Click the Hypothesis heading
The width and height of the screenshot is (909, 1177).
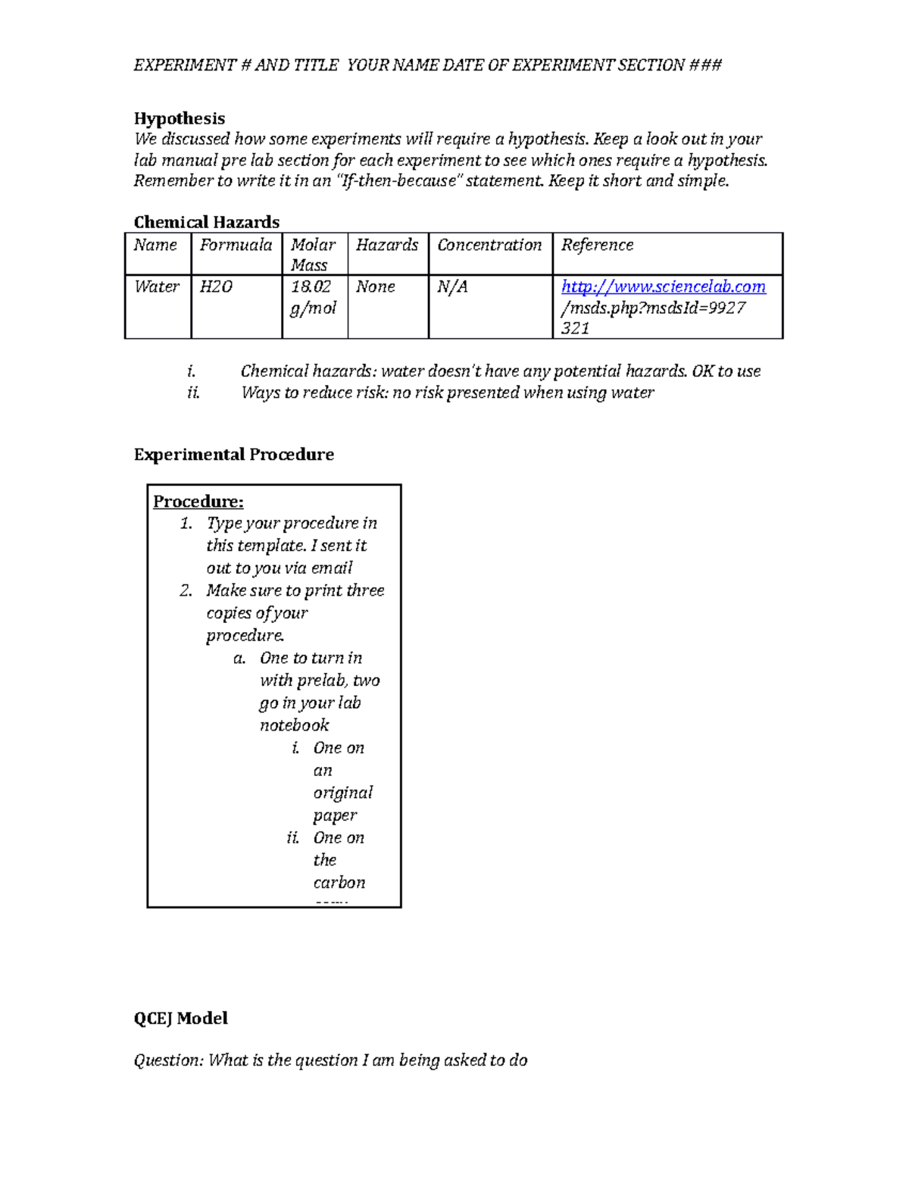click(x=180, y=118)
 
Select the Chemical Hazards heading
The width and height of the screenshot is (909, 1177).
click(x=206, y=222)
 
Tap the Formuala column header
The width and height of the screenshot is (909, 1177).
click(x=236, y=245)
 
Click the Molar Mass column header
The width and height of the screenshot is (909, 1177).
click(x=313, y=255)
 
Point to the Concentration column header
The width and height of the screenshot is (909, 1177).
click(x=489, y=245)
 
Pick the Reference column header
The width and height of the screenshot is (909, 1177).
click(x=597, y=245)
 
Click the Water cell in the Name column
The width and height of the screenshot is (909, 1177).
click(x=157, y=286)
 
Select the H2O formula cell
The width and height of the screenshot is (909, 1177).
click(x=216, y=286)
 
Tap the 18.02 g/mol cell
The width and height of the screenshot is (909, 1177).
click(x=313, y=297)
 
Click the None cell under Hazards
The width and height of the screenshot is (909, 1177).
click(x=376, y=286)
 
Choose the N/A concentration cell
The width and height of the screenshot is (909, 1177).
click(x=452, y=286)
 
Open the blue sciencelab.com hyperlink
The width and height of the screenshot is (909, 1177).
click(x=664, y=286)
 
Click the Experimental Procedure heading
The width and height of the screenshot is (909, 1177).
click(x=233, y=455)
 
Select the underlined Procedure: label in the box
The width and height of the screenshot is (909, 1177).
click(x=198, y=502)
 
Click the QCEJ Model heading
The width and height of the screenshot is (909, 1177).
click(x=180, y=1019)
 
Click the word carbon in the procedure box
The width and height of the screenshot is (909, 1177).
click(x=339, y=883)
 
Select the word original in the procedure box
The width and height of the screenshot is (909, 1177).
click(x=343, y=793)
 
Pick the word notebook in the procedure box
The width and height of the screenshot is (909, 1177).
click(x=295, y=725)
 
